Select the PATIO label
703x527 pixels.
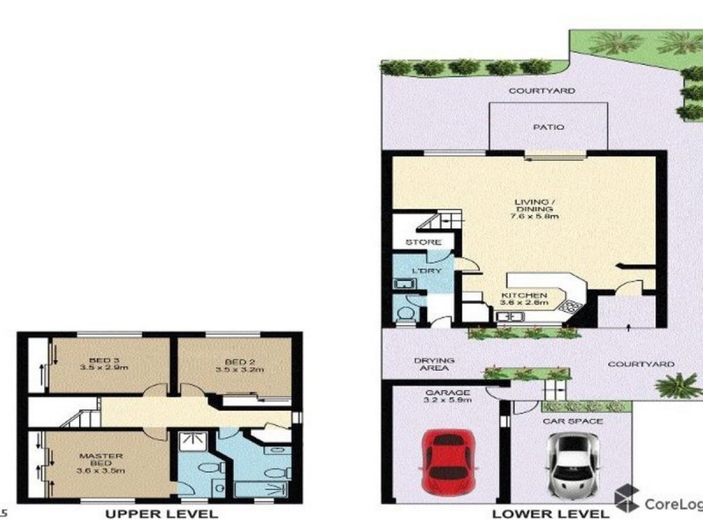click(548, 127)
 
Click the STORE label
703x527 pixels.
click(417, 242)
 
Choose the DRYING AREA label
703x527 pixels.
click(434, 365)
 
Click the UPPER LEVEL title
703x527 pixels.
click(162, 514)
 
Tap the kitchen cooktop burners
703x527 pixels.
click(571, 307)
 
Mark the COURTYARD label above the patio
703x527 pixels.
click(542, 90)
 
